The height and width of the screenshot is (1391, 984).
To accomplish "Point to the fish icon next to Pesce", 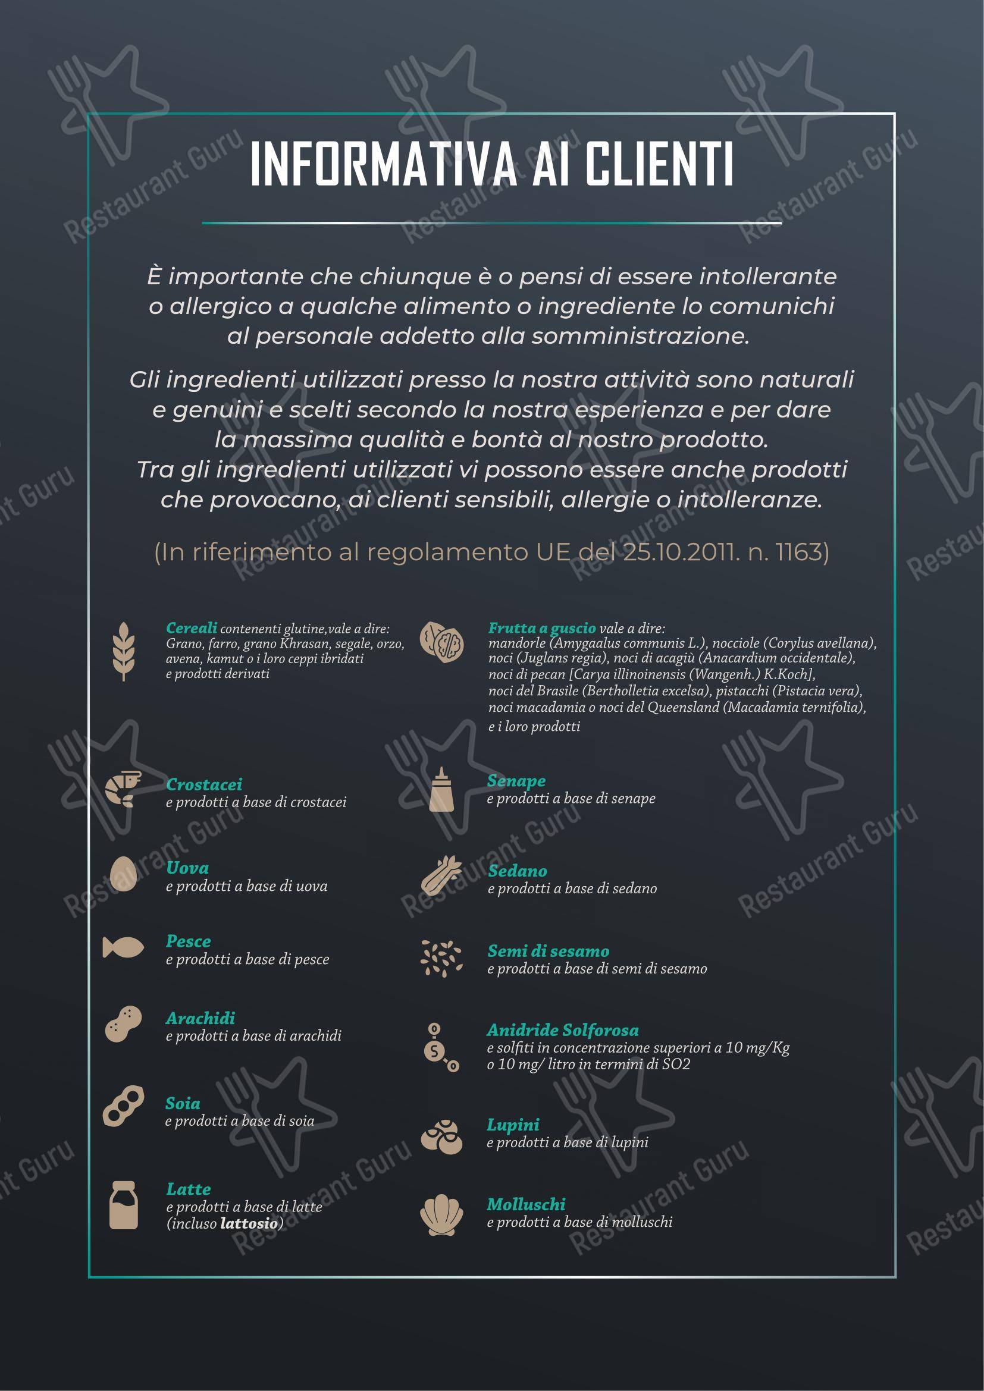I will (123, 947).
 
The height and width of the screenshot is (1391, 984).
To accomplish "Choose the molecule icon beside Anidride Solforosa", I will (441, 1047).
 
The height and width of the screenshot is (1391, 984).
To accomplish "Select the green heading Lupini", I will (513, 1125).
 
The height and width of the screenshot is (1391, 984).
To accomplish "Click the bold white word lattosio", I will (249, 1223).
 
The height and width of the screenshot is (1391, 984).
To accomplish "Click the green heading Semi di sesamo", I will (548, 951).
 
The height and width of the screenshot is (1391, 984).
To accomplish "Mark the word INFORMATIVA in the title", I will (383, 164).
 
